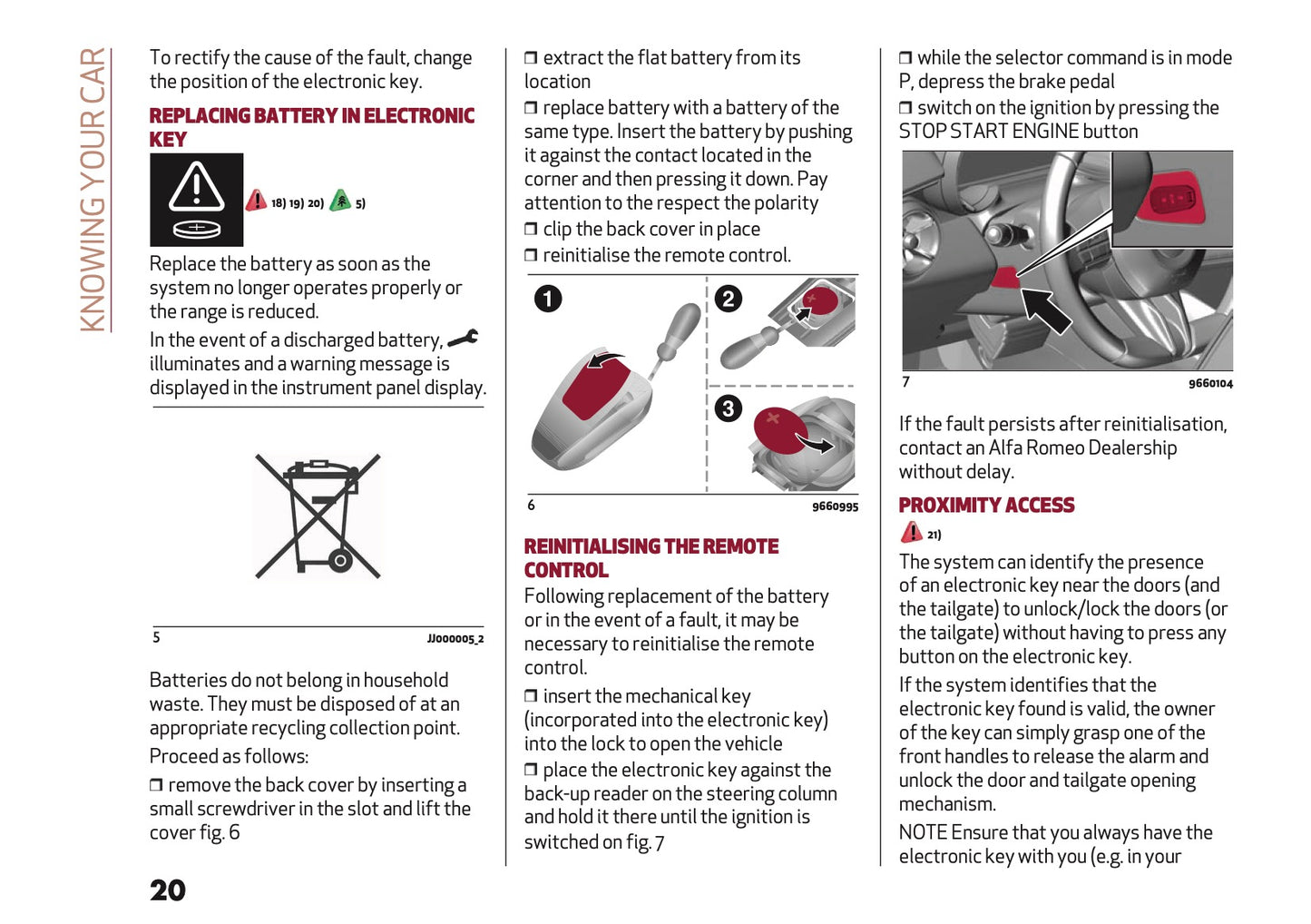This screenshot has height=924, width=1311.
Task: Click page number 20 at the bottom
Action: [x=168, y=890]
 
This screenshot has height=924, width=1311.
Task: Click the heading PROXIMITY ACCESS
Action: [x=986, y=505]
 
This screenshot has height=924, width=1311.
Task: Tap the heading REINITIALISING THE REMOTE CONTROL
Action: [x=651, y=557]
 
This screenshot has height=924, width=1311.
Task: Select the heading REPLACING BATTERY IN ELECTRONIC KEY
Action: [x=311, y=126]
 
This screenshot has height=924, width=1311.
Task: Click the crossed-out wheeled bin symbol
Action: [x=318, y=516]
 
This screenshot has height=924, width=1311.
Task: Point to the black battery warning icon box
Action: [x=196, y=200]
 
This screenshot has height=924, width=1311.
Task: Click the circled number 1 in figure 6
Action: [x=548, y=299]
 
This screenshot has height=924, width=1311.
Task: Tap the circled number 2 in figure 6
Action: [x=728, y=299]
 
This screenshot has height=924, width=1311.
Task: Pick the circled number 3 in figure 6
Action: [x=728, y=408]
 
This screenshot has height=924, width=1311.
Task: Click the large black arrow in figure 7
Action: [x=1045, y=310]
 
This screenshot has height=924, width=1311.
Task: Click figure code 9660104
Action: [x=1210, y=384]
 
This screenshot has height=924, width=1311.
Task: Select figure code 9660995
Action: [x=835, y=506]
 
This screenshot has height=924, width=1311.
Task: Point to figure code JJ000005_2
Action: [x=455, y=639]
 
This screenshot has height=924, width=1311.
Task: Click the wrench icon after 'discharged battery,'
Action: [x=463, y=339]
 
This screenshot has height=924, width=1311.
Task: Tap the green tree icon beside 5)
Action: [x=340, y=201]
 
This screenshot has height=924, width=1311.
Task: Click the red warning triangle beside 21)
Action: [x=911, y=532]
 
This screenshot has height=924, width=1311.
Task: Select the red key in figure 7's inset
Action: [x=1176, y=198]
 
